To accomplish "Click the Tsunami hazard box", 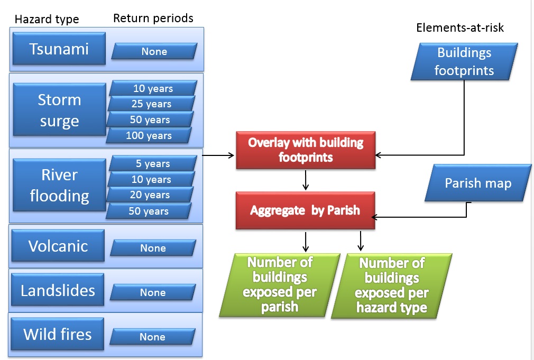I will [x=59, y=49].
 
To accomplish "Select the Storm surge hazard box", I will [x=59, y=110].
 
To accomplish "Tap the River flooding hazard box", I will [x=59, y=185].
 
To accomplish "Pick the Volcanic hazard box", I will [x=58, y=246].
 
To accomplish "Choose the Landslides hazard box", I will [x=58, y=290].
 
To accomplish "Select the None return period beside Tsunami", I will [x=154, y=51].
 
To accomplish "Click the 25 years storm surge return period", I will [x=151, y=104].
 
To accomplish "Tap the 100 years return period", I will [x=149, y=136].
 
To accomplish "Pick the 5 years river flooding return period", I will [x=152, y=164].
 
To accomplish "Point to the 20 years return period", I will [x=150, y=195].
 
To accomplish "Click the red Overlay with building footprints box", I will [x=306, y=150].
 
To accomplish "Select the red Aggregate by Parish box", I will [x=305, y=210].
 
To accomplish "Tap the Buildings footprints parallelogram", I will [x=464, y=61].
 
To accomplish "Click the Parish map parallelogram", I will [x=478, y=183].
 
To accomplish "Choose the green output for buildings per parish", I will [x=280, y=284].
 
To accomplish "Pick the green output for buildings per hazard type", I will [x=392, y=285].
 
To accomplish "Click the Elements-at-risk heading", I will [x=460, y=28].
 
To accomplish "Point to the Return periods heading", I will [x=153, y=18].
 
